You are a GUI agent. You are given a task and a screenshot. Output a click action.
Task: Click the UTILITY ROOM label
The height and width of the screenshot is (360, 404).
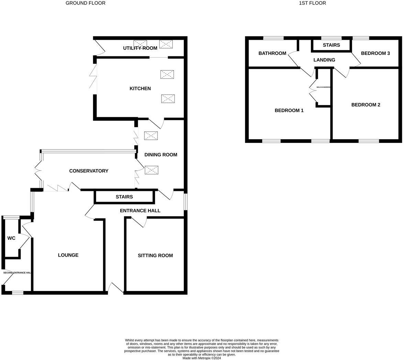click(140, 48)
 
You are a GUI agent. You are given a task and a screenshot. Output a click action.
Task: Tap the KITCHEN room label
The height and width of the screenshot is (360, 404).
click(140, 89)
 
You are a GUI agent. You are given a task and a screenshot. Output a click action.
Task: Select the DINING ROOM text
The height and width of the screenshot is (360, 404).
click(161, 155)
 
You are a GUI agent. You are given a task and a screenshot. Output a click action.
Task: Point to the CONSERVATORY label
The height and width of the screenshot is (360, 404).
click(89, 171)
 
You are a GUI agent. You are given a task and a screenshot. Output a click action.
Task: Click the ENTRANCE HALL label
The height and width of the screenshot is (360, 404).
click(140, 211)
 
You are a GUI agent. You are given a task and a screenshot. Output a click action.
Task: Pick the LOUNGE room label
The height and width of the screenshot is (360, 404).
click(68, 255)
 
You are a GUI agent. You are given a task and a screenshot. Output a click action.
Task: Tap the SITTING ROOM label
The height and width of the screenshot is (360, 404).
click(155, 255)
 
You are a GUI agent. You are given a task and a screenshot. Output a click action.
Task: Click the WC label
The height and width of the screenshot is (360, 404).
click(11, 238)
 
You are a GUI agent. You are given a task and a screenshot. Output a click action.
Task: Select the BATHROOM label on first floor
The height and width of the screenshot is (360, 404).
click(272, 53)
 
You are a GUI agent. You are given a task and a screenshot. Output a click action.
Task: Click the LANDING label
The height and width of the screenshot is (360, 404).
click(324, 60)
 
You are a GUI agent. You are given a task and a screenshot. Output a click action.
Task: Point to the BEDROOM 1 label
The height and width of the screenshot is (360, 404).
click(289, 110)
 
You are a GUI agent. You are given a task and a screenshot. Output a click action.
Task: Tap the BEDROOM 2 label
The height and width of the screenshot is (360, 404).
click(366, 105)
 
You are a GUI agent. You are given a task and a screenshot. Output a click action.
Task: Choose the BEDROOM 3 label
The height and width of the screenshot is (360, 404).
click(375, 53)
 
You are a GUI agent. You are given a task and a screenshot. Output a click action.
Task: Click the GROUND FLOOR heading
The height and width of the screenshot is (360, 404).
click(86, 3)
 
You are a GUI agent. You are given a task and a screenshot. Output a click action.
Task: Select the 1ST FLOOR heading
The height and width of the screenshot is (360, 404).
click(312, 3)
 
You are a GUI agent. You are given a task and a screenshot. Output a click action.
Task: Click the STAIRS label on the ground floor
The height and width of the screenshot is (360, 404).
click(124, 197)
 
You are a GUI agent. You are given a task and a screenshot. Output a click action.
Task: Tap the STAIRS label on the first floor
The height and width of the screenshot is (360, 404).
click(332, 45)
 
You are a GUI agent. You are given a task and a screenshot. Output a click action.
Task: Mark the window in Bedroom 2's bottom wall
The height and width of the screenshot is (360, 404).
click(369, 141)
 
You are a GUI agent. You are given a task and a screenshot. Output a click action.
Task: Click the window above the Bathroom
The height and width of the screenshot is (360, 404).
click(273, 38)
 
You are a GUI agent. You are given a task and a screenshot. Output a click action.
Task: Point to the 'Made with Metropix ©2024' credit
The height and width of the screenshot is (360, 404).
click(202, 358)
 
